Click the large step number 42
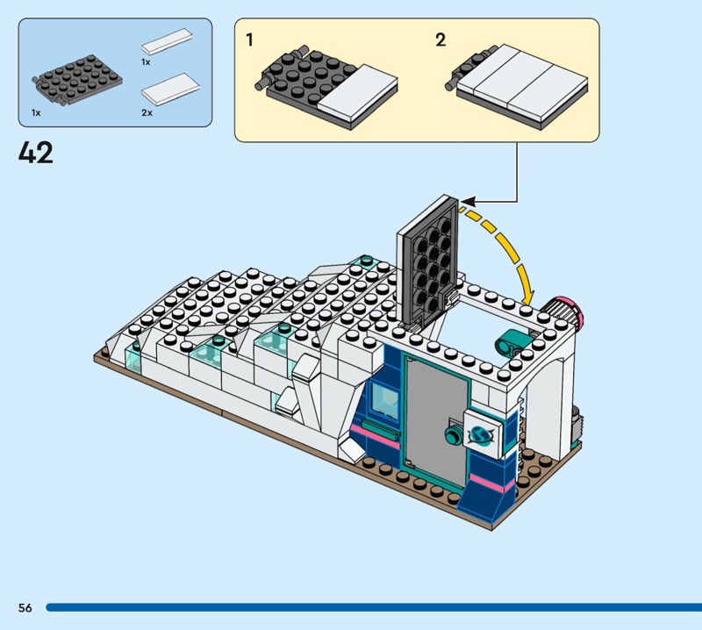pyautogui.click(x=36, y=153)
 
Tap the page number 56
pyautogui.click(x=25, y=608)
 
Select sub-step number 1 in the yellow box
pyautogui.click(x=250, y=39)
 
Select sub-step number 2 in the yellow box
pyautogui.click(x=441, y=39)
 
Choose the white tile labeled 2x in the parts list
pyautogui.click(x=168, y=89)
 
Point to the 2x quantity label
pyautogui.click(x=147, y=113)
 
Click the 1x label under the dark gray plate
pyautogui.click(x=36, y=113)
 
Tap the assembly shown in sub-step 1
pyautogui.click(x=329, y=88)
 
